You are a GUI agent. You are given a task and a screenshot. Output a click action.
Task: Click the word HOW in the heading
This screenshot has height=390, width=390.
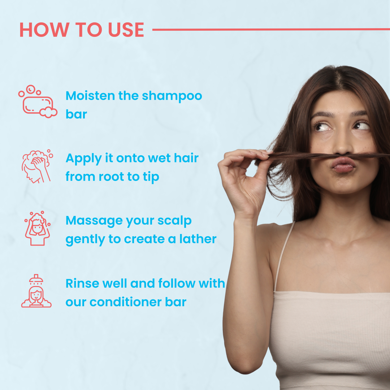tap(44, 30)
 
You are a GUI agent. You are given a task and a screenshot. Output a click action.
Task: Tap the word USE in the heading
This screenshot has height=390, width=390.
tap(126, 30)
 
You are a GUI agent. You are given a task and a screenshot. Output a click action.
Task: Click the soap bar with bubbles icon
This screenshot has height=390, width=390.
tap(38, 101)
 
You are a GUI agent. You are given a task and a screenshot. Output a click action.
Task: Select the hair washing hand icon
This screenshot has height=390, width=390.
tap(37, 166)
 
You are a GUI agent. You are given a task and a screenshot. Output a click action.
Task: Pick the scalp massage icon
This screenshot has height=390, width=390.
tap(37, 228)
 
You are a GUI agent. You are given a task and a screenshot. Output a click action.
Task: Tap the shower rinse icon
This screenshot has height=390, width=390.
tap(36, 291)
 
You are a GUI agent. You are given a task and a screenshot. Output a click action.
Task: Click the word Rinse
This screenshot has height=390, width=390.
tap(82, 283)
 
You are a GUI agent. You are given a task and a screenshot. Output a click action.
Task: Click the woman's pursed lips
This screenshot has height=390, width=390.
tap(343, 165)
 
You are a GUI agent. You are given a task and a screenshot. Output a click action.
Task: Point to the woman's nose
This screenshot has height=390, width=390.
tap(342, 144)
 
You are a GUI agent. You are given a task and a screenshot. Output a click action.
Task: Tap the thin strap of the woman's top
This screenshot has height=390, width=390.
tap(284, 256)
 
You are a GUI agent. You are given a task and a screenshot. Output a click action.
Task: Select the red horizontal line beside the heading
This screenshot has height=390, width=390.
tap(271, 30)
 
